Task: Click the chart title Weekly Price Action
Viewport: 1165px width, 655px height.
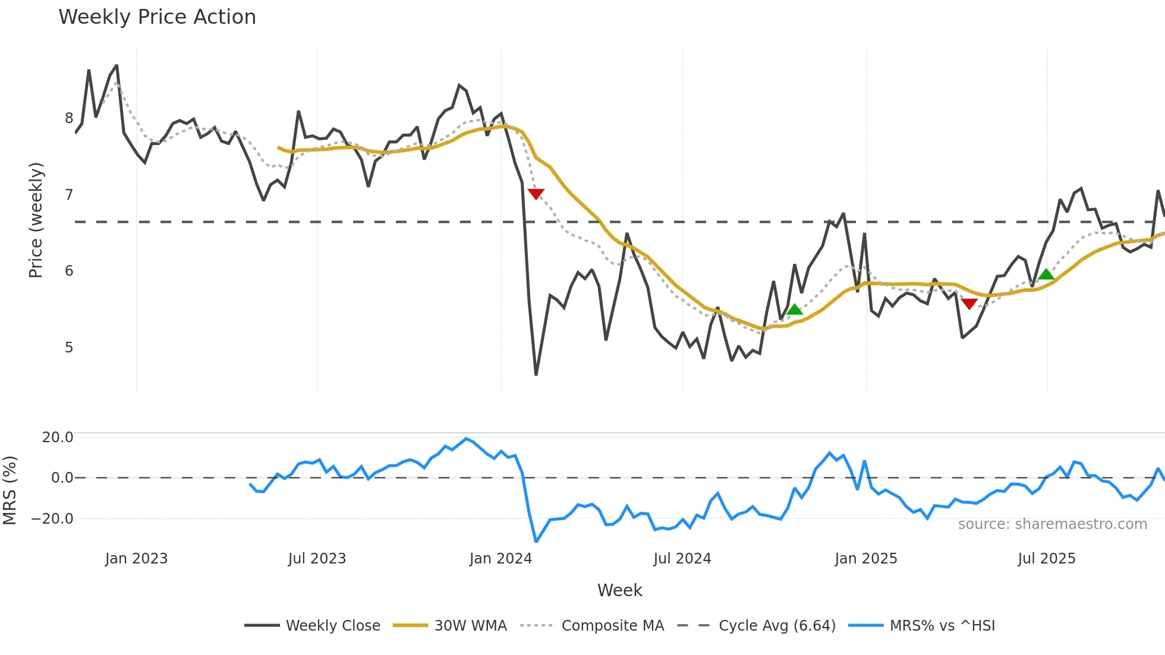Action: (157, 17)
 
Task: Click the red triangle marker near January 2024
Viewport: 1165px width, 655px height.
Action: (536, 194)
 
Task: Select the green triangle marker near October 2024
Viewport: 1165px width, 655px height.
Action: (795, 309)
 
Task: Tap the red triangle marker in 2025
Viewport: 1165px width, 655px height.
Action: (969, 304)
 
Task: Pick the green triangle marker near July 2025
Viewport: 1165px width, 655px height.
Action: (1046, 274)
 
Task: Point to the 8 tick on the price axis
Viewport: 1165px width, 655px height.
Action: (69, 118)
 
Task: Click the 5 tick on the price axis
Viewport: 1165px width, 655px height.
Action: (69, 347)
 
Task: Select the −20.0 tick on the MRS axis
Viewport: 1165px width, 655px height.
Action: (52, 519)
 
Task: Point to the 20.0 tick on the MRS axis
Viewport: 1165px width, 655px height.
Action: (58, 437)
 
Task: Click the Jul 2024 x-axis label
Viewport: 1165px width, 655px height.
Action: (682, 559)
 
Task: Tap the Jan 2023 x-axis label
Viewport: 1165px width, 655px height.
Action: (136, 559)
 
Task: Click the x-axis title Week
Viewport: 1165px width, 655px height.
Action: (619, 590)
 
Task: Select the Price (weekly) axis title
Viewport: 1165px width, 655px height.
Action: (36, 220)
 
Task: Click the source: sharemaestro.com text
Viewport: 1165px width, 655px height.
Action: (1052, 524)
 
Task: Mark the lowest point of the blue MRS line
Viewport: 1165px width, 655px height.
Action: (536, 541)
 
